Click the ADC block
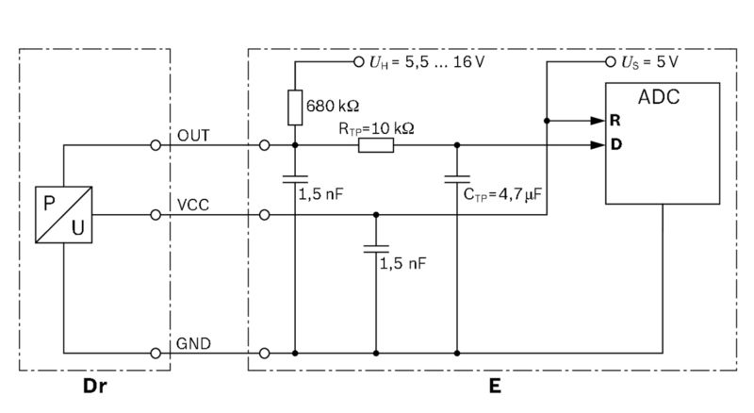point(663,141)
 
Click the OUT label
point(193,135)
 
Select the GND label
point(193,342)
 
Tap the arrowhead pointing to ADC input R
point(597,121)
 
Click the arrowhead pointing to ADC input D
point(597,145)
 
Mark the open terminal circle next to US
point(609,62)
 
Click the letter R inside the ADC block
point(615,121)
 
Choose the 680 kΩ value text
point(333,105)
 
